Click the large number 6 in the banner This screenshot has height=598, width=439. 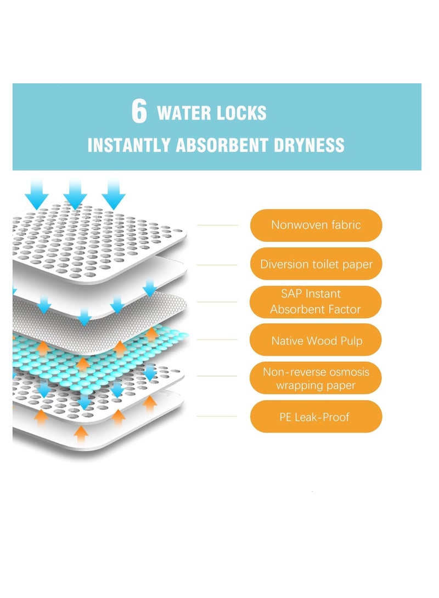(x=139, y=111)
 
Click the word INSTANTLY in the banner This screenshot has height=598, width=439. (x=129, y=145)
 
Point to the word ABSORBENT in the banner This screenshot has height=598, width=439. (x=222, y=145)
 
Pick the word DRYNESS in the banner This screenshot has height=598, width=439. (x=309, y=145)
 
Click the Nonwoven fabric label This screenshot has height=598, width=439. (x=316, y=225)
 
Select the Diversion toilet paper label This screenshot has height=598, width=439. (x=316, y=264)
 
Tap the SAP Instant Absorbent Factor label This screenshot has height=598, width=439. (x=316, y=301)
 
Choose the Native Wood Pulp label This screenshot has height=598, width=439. (x=316, y=340)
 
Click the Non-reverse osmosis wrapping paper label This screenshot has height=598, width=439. (x=316, y=378)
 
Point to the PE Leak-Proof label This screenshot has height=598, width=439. (x=316, y=417)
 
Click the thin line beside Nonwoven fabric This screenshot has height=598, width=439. (x=218, y=225)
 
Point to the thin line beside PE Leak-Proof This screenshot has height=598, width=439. (x=216, y=417)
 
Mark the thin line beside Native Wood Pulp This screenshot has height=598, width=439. (x=217, y=339)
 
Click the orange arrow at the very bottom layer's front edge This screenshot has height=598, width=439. (x=81, y=434)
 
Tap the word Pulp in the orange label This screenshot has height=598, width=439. (x=352, y=341)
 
